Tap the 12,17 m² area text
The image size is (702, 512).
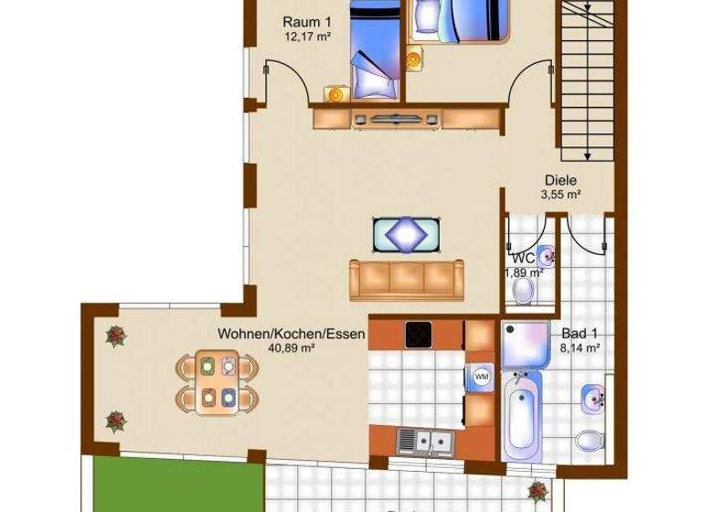point(306,37)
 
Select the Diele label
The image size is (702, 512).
point(560,180)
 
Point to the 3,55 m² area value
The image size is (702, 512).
point(561,194)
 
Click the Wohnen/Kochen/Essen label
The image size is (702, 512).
point(291,335)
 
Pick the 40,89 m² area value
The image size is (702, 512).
point(291,348)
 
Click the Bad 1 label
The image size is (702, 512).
point(580,334)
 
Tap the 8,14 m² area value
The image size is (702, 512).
point(580,347)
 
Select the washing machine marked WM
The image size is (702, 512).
point(481,376)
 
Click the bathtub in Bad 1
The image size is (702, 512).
point(521,416)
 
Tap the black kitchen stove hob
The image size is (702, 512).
point(419,335)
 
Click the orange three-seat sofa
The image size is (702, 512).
point(406,280)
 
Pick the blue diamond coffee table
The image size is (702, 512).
point(405,233)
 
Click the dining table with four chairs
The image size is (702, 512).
point(218,382)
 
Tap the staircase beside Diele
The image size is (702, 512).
point(585,82)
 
